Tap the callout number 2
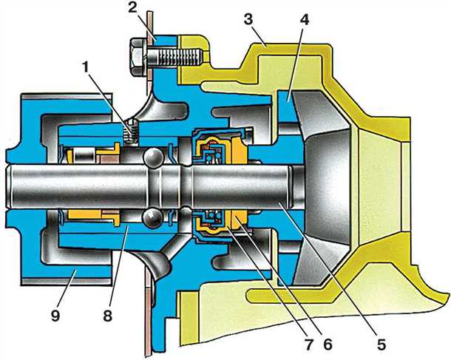click(132, 8)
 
